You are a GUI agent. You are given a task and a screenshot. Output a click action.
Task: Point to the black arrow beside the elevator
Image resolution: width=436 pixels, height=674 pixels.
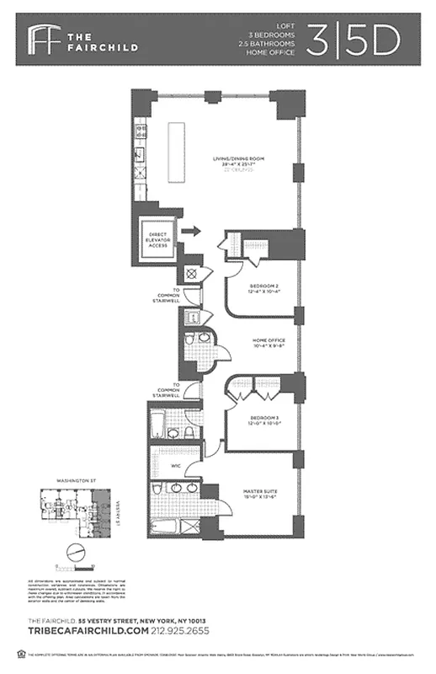coord(191,230)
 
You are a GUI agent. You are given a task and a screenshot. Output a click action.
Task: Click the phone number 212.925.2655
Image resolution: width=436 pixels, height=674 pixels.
coord(181,630)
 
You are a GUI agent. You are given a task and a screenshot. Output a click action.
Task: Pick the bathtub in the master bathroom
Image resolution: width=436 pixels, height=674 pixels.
coord(167,528)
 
